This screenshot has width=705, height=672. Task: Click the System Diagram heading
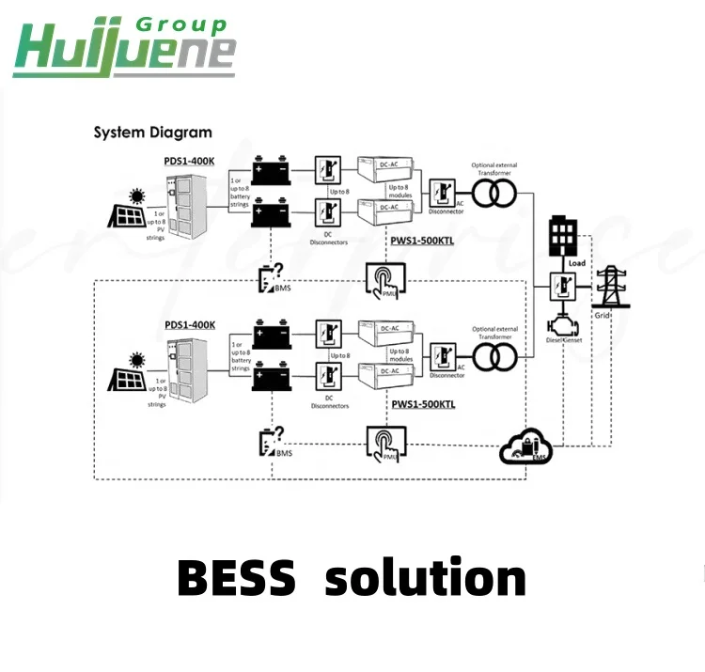pyautogui.click(x=152, y=133)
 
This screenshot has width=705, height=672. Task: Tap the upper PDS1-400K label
pyautogui.click(x=189, y=161)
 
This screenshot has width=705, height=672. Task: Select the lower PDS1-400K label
pyautogui.click(x=189, y=324)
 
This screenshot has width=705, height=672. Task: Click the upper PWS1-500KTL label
pyautogui.click(x=423, y=242)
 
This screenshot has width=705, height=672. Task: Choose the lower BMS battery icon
pyautogui.click(x=272, y=442)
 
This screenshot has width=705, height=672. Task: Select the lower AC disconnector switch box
pyautogui.click(x=442, y=356)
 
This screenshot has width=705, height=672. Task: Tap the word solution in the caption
pyautogui.click(x=425, y=577)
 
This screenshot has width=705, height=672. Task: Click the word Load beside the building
pyautogui.click(x=577, y=263)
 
